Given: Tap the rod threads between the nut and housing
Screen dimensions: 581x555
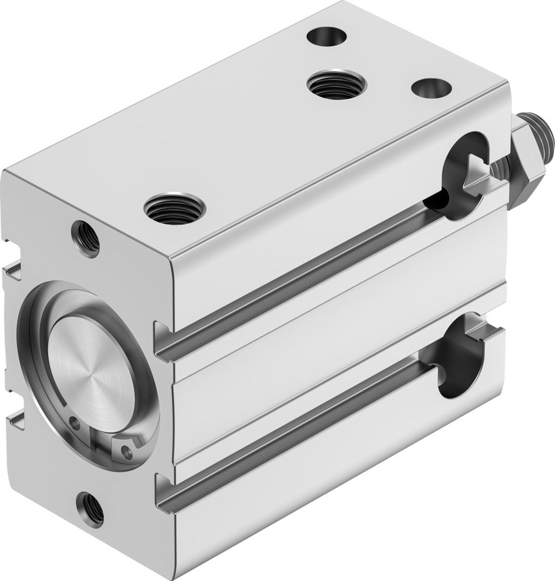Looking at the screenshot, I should pos(499,169).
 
